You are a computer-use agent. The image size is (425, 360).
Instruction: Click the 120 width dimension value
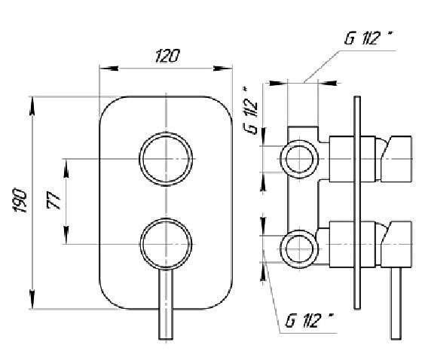[x=167, y=56]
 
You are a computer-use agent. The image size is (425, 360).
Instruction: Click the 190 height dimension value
[x=20, y=200]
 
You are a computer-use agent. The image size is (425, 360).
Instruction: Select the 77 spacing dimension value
[x=54, y=200]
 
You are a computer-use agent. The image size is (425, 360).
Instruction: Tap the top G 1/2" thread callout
[x=368, y=38]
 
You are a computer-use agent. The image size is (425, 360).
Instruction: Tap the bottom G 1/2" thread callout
[x=309, y=320]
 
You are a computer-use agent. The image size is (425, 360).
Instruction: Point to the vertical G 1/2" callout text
[x=250, y=111]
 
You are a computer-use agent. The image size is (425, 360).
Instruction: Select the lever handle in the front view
[x=166, y=304]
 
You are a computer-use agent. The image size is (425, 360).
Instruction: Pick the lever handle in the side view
[x=396, y=304]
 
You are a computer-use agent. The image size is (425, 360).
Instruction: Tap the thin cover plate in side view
[x=357, y=203]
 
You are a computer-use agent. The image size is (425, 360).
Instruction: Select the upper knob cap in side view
[x=396, y=159]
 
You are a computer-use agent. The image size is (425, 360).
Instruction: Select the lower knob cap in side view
[x=396, y=245]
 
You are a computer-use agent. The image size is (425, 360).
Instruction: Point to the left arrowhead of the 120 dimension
[x=109, y=69]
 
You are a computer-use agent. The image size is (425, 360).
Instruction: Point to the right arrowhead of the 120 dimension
[x=223, y=69]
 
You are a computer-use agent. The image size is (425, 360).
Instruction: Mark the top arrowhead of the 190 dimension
[x=32, y=105]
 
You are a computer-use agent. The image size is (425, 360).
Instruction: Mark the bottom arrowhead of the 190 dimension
[x=32, y=299]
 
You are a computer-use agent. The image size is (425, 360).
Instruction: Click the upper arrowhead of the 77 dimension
[x=66, y=168]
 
